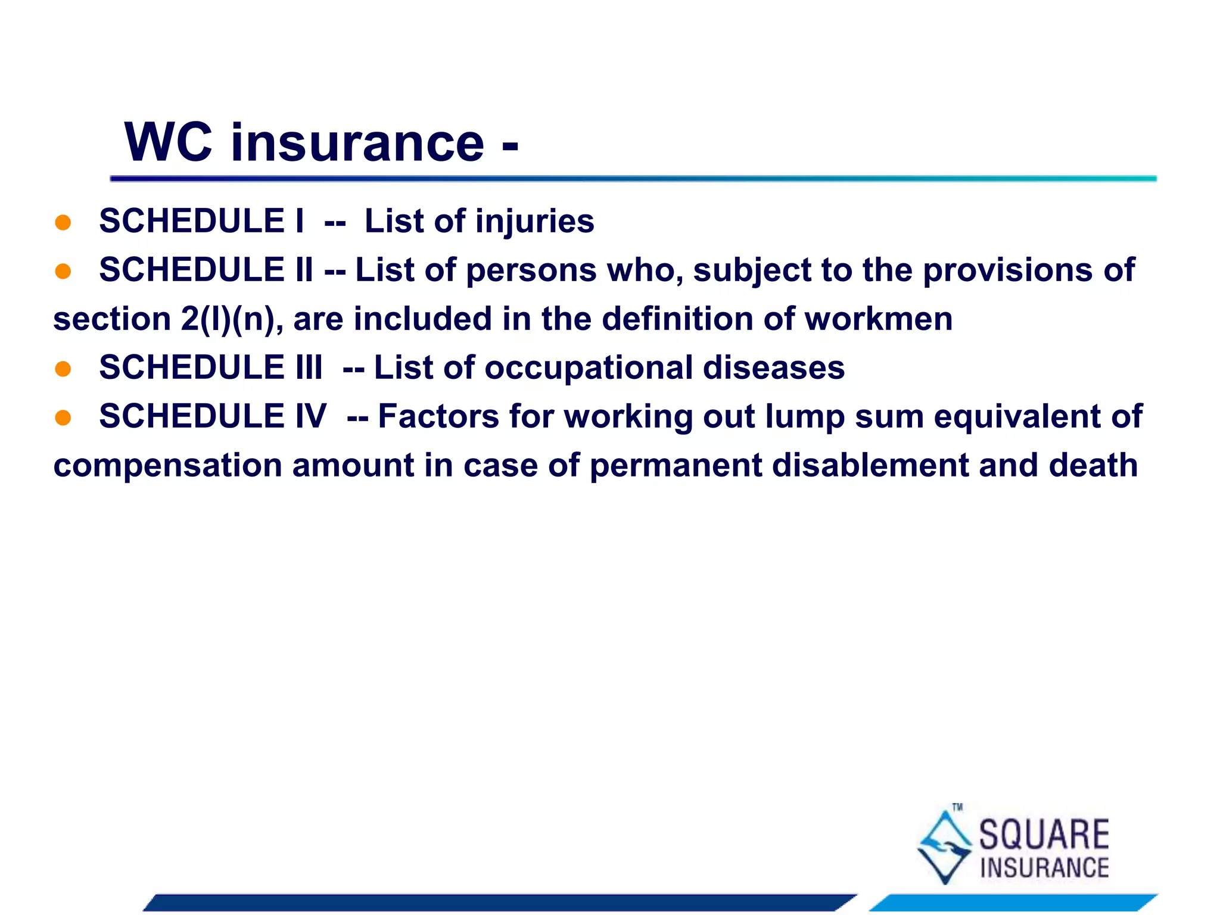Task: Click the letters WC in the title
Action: (168, 142)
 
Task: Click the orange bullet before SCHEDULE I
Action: (63, 222)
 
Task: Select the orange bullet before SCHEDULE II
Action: (63, 271)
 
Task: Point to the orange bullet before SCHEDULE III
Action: (63, 369)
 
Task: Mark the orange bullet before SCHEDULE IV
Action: (63, 417)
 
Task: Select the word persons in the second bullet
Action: (531, 270)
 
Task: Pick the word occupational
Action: (589, 368)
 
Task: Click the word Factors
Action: (438, 416)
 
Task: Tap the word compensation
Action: (167, 466)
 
